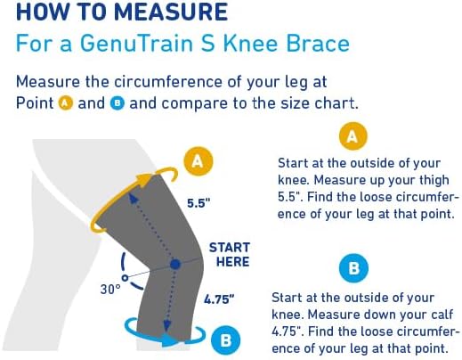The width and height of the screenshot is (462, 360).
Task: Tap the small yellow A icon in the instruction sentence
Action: (64, 103)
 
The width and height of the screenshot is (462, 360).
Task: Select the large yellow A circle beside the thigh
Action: (199, 160)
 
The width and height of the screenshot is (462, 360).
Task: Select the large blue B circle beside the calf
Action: (224, 339)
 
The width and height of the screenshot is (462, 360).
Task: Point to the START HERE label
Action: (229, 254)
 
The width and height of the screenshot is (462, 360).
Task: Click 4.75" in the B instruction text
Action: (289, 331)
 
